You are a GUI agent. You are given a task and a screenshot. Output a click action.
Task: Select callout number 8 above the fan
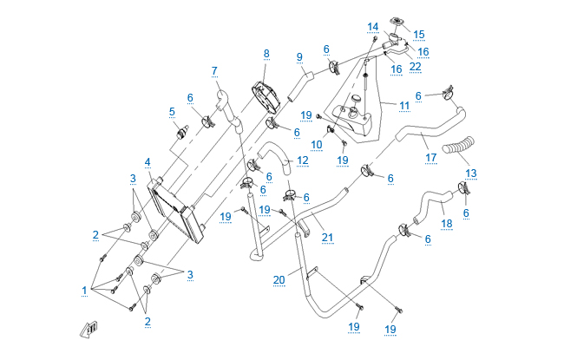tap(267, 54)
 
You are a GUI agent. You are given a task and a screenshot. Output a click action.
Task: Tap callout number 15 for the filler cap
tap(419, 35)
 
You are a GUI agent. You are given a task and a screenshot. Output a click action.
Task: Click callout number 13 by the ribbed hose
tap(471, 173)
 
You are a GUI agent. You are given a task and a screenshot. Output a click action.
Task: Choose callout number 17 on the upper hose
tap(431, 158)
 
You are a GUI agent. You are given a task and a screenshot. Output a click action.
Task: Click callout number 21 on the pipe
tap(326, 237)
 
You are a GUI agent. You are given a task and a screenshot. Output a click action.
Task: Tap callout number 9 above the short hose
tap(298, 57)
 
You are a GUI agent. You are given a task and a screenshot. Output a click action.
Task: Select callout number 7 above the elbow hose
tap(213, 70)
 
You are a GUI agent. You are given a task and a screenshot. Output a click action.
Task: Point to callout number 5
tap(172, 111)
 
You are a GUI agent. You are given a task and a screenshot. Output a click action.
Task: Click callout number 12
tap(302, 160)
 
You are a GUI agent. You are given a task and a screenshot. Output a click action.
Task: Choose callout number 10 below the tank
tap(318, 144)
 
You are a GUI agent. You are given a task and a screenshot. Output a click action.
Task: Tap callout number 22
tap(416, 67)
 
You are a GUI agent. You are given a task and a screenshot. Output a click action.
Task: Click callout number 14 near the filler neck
tap(373, 26)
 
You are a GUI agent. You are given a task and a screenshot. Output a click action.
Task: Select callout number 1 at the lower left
tap(85, 290)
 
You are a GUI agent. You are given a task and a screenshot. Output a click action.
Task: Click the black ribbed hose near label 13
tap(458, 150)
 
